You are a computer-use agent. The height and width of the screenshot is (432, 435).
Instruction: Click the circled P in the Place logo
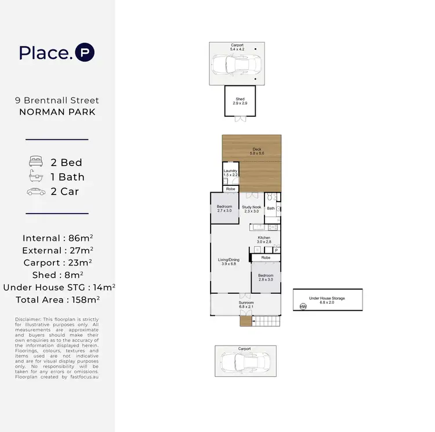click(85, 53)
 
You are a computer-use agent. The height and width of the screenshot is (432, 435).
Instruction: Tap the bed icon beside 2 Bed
click(36, 162)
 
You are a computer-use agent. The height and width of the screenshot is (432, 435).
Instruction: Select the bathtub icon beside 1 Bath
click(36, 177)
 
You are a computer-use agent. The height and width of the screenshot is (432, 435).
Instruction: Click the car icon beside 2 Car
click(36, 191)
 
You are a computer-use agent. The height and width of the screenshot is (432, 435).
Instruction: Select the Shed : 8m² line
click(57, 275)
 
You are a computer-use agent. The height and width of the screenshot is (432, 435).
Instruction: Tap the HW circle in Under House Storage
click(302, 307)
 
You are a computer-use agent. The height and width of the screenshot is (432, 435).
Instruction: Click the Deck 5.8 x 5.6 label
click(256, 151)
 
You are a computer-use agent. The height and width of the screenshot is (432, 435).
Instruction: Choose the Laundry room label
click(231, 172)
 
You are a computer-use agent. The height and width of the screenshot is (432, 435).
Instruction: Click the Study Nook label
click(252, 209)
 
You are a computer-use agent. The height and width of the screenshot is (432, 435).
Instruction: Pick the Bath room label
click(271, 208)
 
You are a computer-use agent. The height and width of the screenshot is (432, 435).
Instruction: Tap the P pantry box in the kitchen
click(276, 250)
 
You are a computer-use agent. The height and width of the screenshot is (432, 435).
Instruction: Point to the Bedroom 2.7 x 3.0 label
click(224, 209)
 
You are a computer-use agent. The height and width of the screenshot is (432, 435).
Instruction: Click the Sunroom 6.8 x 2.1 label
click(246, 304)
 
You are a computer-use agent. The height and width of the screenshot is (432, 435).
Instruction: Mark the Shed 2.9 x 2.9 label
click(241, 101)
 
